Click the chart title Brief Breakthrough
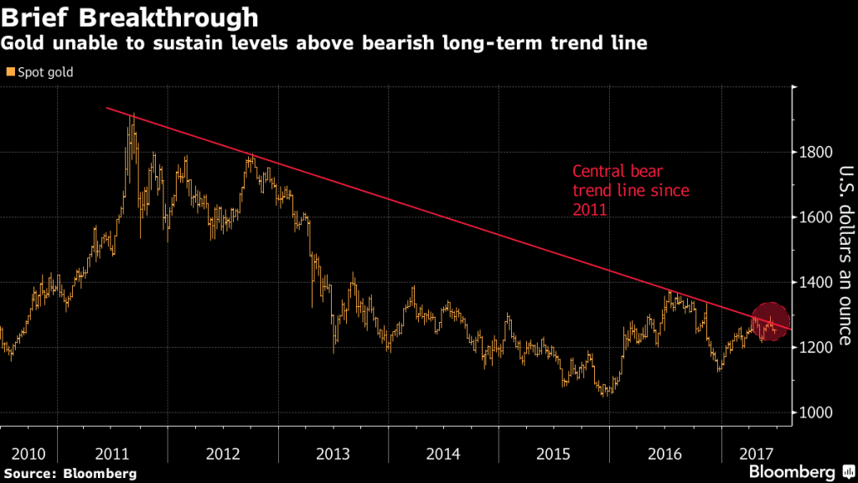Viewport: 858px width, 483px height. pos(131,16)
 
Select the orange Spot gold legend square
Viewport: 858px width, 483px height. pos(9,73)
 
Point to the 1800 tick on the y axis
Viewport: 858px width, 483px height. pos(816,153)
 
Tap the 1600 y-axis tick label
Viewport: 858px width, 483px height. pos(816,217)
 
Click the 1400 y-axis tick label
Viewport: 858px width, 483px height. pos(816,283)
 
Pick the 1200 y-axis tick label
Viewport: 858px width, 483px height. pos(816,347)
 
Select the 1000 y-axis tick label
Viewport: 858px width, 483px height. pos(816,413)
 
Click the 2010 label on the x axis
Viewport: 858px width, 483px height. pos(28,454)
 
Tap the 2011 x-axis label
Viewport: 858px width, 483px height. pos(112,454)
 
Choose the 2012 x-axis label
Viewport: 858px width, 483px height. pos(223,454)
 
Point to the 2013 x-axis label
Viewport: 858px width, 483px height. pos(333,454)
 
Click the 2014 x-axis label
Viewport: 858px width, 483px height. pos(443,454)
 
